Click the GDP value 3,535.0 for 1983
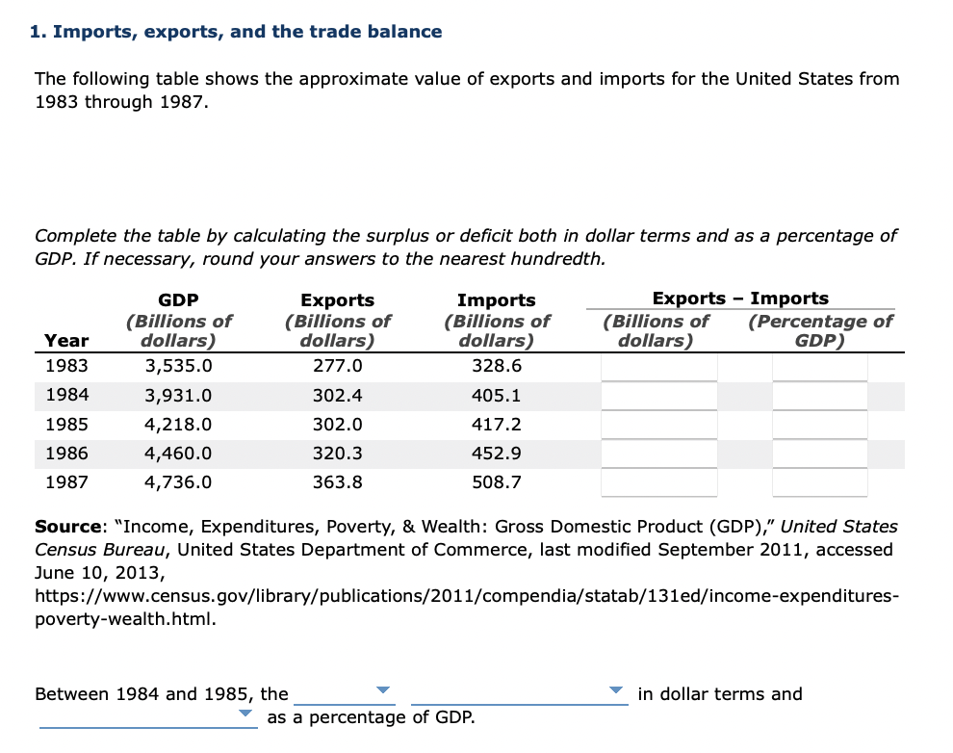[x=177, y=367]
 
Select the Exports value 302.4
[x=337, y=396]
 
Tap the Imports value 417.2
[x=496, y=425]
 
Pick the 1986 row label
[x=66, y=454]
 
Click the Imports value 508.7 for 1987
[x=496, y=482]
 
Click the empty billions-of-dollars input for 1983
[x=659, y=367]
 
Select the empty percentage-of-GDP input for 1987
[x=819, y=482]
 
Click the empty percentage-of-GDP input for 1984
[x=819, y=396]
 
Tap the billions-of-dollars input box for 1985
[x=659, y=425]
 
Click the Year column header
[x=66, y=340]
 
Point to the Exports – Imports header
[x=740, y=299]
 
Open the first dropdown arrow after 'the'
[x=383, y=690]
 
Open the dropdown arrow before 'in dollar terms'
[x=616, y=690]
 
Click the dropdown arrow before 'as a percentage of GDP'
[x=245, y=714]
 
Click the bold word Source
[x=68, y=527]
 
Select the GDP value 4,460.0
[x=177, y=454]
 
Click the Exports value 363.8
[x=337, y=482]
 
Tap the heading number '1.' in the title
[x=38, y=32]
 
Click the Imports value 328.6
[x=496, y=367]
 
